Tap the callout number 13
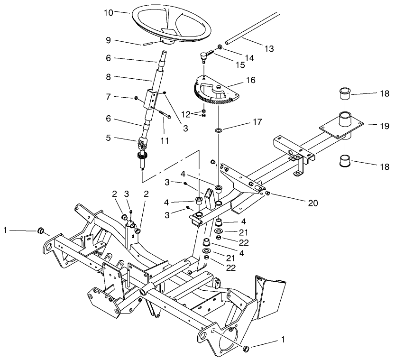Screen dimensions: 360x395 click(x=269, y=49)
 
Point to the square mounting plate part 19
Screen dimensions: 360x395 click(x=343, y=124)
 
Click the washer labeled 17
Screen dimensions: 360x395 click(x=219, y=130)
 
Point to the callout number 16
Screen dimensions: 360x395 click(x=250, y=80)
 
